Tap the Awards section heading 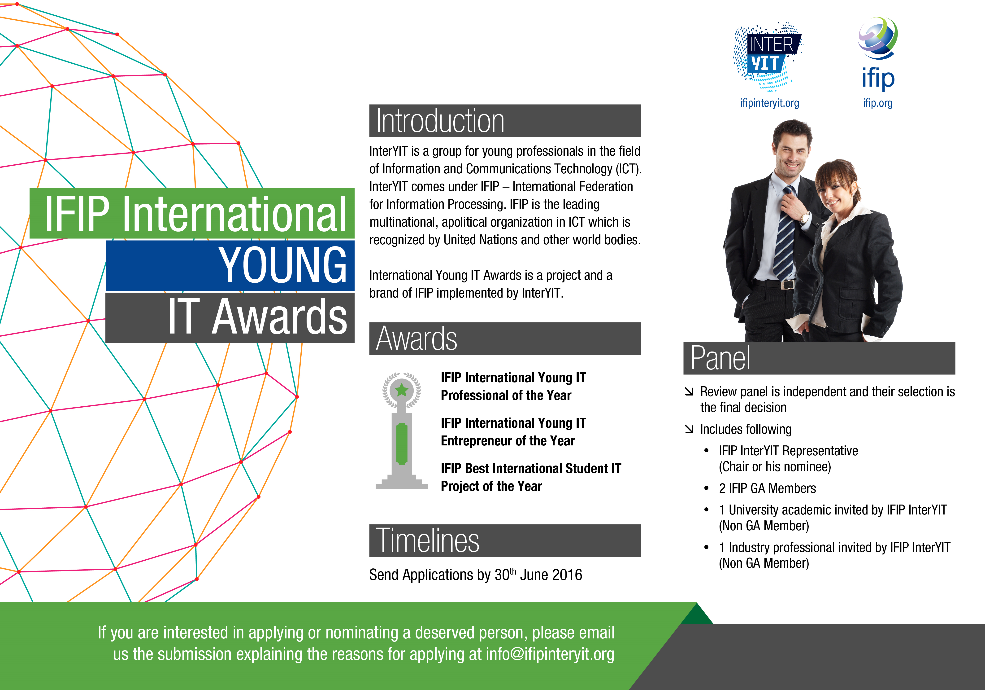[417, 339]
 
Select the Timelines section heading [428, 541]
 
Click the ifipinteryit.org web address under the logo [769, 103]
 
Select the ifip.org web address [878, 103]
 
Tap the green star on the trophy [402, 390]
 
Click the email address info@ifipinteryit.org [550, 654]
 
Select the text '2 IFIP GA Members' [768, 488]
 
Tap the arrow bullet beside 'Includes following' [689, 429]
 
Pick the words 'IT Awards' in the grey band [257, 317]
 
